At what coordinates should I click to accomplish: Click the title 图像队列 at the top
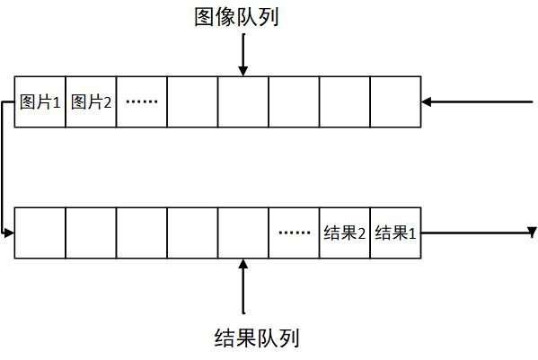pyautogui.click(x=236, y=17)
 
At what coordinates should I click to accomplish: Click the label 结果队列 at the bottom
pyautogui.click(x=257, y=338)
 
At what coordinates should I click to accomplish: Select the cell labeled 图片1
pyautogui.click(x=40, y=101)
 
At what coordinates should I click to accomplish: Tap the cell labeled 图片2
pyautogui.click(x=91, y=101)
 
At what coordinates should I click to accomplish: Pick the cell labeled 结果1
pyautogui.click(x=395, y=233)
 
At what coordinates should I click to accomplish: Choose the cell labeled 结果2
pyautogui.click(x=344, y=233)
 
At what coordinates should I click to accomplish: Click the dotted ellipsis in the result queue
pyautogui.click(x=294, y=233)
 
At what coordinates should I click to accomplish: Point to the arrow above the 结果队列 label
pyautogui.click(x=243, y=287)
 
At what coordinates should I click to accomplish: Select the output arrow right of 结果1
pyautogui.click(x=476, y=233)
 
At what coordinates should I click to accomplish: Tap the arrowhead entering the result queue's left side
pyautogui.click(x=10, y=233)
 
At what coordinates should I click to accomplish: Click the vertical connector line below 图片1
pyautogui.click(x=4, y=171)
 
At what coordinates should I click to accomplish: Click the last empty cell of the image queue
pyautogui.click(x=395, y=101)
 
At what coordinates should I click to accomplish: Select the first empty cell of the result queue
pyautogui.click(x=40, y=233)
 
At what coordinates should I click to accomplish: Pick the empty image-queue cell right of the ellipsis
pyautogui.click(x=192, y=101)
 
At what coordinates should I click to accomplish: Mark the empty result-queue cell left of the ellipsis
pyautogui.click(x=243, y=233)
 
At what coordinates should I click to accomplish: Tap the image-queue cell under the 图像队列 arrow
pyautogui.click(x=243, y=101)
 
